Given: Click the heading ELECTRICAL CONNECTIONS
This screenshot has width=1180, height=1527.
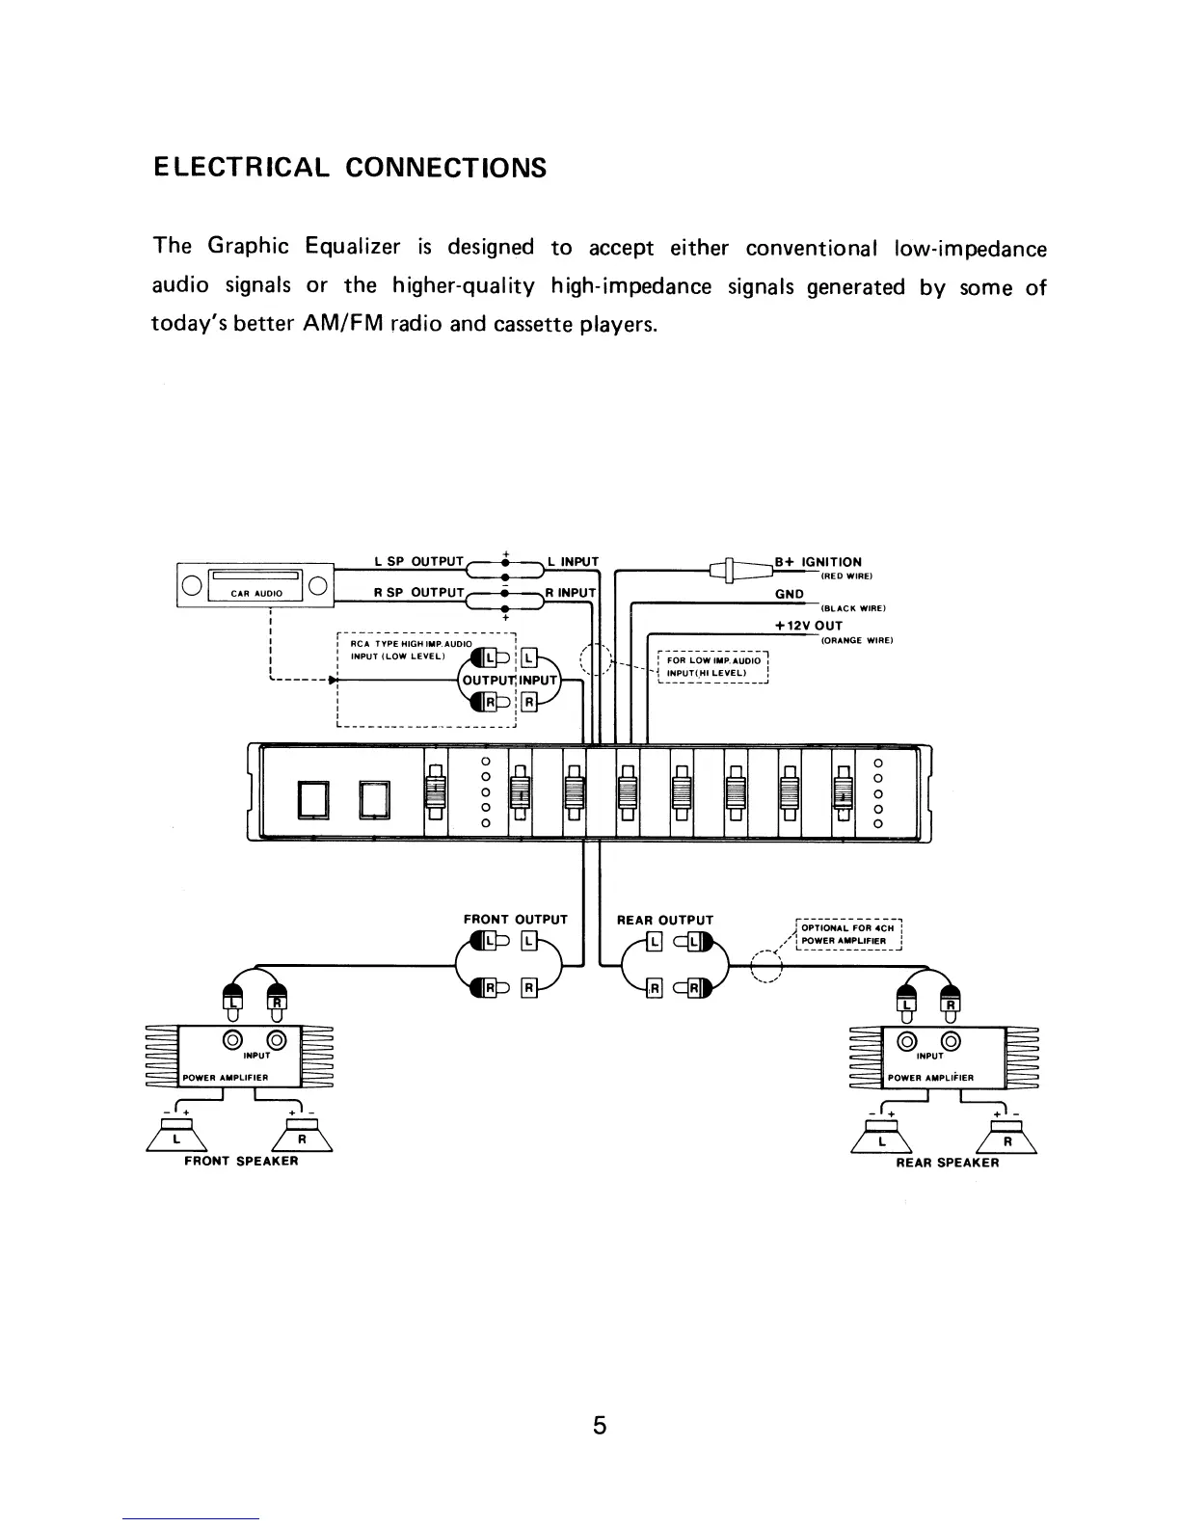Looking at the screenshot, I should coord(349,169).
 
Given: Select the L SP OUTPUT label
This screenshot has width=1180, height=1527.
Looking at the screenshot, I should coord(418,562).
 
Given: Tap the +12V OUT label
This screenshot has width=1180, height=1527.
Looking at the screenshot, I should coord(809,626).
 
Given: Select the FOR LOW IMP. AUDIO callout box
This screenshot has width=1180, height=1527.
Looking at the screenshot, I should coord(712,666).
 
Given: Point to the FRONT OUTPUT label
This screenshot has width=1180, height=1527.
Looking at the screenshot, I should coord(516,920).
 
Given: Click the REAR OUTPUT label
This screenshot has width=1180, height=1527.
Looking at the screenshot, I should coord(665,920).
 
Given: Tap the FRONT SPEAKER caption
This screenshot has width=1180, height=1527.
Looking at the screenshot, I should coord(241,1161).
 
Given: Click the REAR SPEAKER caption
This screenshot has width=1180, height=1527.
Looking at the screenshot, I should coord(947,1163).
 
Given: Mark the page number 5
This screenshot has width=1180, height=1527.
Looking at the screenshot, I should coord(600,1425).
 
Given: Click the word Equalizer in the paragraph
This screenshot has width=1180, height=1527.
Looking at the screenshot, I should coord(352,247).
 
